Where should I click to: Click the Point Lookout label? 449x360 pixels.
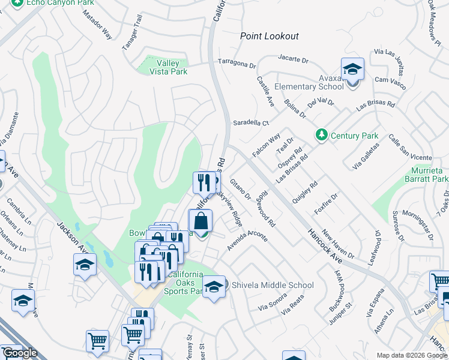269,36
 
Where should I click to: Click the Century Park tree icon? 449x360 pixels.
322,136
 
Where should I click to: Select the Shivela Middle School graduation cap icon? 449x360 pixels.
213,286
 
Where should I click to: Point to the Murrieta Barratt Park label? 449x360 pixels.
423,175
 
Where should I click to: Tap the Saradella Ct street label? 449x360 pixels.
251,122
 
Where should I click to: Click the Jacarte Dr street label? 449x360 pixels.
293,60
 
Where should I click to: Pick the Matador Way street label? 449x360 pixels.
99,28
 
